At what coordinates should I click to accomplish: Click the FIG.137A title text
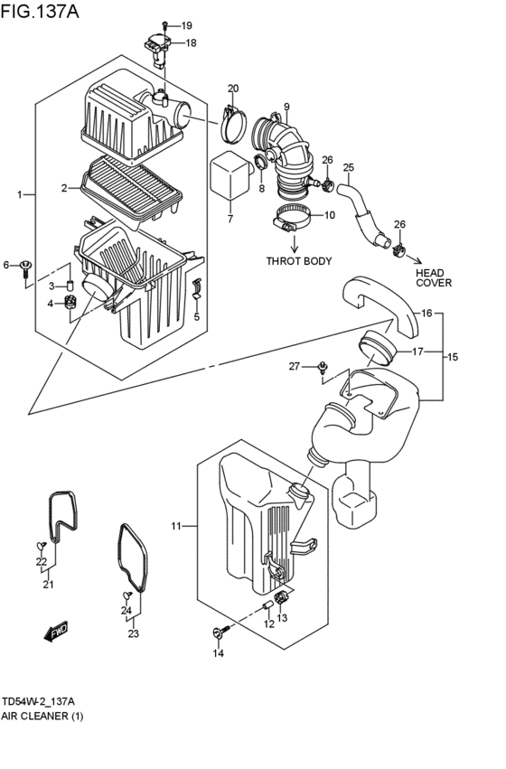point(40,11)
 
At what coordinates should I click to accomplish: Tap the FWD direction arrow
point(55,633)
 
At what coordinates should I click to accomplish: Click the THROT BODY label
point(298,261)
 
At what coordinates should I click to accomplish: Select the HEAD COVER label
point(434,277)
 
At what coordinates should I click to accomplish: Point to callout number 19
point(186,25)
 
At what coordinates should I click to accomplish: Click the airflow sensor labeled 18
point(157,50)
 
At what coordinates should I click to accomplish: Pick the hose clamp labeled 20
point(233,126)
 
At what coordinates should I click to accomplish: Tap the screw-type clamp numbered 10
point(292,219)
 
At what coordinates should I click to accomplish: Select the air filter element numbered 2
point(132,188)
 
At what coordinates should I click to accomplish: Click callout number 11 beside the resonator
point(176,526)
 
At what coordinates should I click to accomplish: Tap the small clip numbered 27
point(323,368)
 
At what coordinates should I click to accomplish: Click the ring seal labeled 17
point(377,348)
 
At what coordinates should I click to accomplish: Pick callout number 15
point(453,357)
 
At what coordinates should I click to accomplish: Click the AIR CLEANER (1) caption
point(42,716)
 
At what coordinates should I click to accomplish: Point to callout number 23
point(134,633)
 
